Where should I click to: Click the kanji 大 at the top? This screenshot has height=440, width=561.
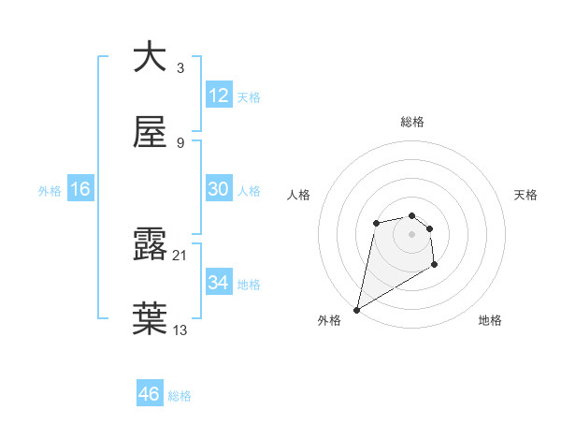(x=150, y=58)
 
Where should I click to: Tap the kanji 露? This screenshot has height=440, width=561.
(x=150, y=244)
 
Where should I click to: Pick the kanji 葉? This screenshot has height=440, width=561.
(x=150, y=318)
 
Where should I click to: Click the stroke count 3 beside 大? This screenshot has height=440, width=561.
(x=180, y=68)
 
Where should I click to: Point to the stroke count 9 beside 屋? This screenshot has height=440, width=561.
(x=180, y=142)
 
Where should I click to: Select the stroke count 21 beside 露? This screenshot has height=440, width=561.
(x=180, y=255)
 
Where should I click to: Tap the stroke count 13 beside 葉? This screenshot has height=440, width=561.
(x=180, y=329)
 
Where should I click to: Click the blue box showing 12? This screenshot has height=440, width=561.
(x=219, y=95)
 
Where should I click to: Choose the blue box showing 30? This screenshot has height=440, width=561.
(x=219, y=189)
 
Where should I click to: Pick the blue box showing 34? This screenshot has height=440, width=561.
(x=219, y=282)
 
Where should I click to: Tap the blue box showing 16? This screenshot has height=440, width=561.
(x=80, y=189)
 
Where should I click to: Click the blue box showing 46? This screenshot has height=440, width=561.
(x=150, y=394)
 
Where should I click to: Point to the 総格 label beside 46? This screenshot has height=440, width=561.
(x=180, y=396)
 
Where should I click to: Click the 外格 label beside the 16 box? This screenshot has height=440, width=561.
(x=50, y=191)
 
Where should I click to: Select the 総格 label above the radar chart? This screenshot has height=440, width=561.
(x=411, y=122)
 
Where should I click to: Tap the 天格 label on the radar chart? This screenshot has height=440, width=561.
(x=526, y=195)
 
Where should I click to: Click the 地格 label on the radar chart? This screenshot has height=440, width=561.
(x=490, y=320)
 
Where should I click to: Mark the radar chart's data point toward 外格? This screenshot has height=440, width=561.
(x=356, y=309)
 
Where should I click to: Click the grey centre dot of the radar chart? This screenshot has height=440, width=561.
(x=411, y=233)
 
